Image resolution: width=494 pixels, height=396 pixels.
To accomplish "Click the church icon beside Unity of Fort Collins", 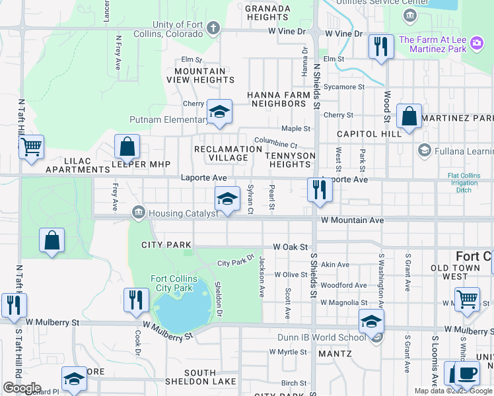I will click(213, 28).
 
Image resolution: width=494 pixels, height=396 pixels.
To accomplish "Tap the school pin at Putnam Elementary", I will click(219, 112).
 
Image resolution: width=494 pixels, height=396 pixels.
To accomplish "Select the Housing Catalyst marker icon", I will click(139, 213).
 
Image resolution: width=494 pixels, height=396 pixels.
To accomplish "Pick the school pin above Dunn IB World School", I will click(371, 322).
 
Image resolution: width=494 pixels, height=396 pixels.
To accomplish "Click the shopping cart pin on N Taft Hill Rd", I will click(31, 147).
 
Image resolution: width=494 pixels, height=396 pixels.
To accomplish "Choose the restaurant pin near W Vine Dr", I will click(380, 46).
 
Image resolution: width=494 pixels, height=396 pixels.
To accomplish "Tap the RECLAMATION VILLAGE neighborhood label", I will click(229, 154).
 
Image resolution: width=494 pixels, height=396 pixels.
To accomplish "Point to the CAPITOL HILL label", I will click(369, 133).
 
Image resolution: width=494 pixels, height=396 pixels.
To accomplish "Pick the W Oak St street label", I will click(291, 247).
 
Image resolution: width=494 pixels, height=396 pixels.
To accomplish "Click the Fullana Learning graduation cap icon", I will click(424, 151).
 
